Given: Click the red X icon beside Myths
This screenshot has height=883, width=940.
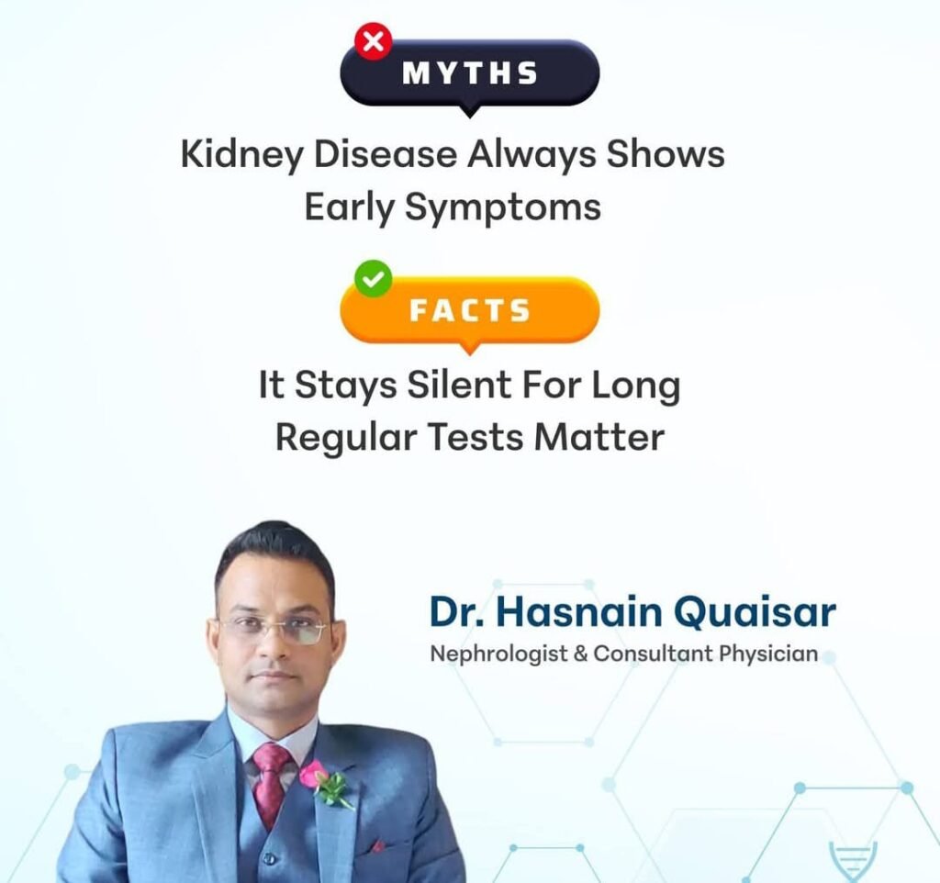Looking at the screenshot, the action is pyautogui.click(x=374, y=42).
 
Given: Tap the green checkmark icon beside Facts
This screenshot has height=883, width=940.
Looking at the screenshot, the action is pyautogui.click(x=374, y=279).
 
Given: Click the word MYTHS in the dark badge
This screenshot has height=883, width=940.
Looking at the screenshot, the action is pyautogui.click(x=470, y=73).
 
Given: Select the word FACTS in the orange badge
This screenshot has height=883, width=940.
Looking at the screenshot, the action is pyautogui.click(x=470, y=310).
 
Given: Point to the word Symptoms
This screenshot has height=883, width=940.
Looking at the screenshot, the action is pyautogui.click(x=503, y=208).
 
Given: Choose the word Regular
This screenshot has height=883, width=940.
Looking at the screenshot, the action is pyautogui.click(x=346, y=438).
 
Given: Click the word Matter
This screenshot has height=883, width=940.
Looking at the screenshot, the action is pyautogui.click(x=599, y=437).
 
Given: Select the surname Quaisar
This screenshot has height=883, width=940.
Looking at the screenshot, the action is pyautogui.click(x=755, y=612).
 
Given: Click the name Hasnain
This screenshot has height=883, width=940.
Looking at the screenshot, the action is pyautogui.click(x=579, y=612).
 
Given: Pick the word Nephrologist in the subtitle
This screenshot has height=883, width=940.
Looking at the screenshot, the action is pyautogui.click(x=498, y=654).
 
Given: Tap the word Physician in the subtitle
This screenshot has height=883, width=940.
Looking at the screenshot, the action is pyautogui.click(x=768, y=654).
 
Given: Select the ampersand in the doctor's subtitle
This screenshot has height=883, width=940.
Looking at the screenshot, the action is pyautogui.click(x=580, y=654).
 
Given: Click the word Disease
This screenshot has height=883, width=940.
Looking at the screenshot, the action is pyautogui.click(x=385, y=154).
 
